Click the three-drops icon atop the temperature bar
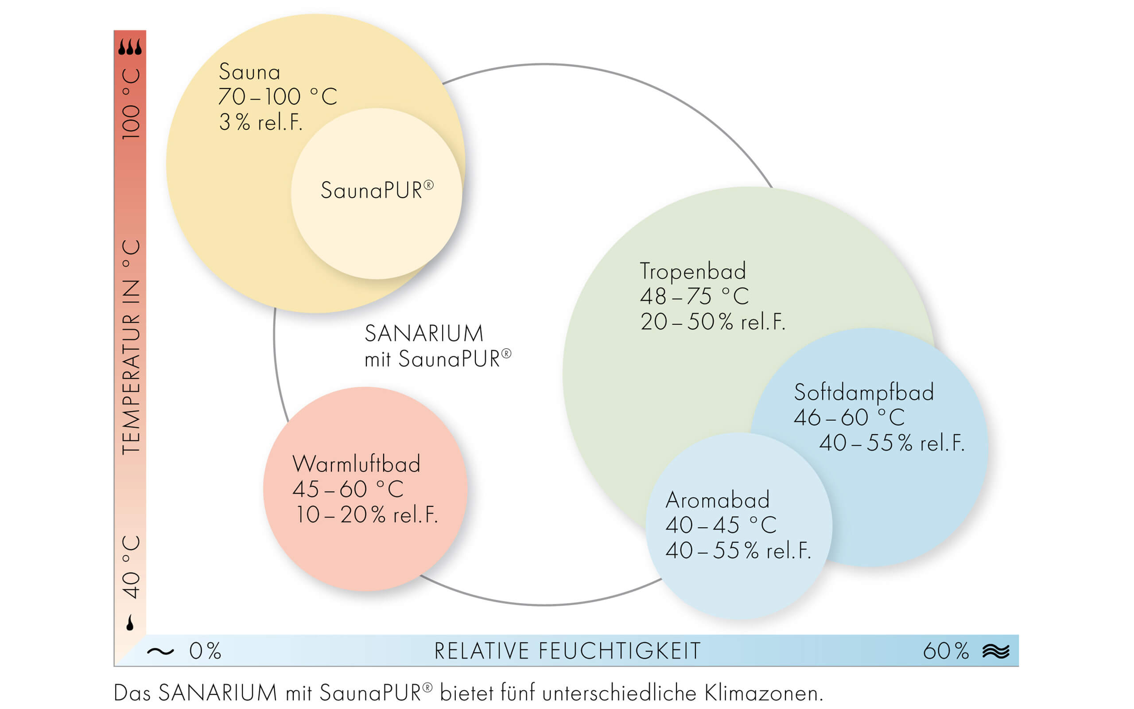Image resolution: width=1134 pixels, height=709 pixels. pos(130,47)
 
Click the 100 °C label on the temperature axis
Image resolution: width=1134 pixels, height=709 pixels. pos(131,104)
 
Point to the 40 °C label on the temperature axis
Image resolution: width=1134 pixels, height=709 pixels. pos(131,567)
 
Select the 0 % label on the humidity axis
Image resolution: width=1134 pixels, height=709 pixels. pos(205,651)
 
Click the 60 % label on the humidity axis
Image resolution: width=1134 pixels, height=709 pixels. pos(946,651)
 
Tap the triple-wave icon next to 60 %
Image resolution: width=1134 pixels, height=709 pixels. pos(996,651)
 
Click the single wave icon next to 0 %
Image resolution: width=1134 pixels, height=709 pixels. pos(160,651)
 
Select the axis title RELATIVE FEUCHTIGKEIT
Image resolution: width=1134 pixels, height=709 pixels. pos(567,651)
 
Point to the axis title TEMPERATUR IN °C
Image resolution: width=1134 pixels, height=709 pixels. pos(131,347)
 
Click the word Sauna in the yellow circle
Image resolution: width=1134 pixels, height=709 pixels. pos(249,72)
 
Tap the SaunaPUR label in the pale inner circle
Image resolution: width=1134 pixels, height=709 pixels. pos(377,190)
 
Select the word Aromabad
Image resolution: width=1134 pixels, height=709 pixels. pos(718,500)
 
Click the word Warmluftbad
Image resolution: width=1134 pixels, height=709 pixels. pos(356,464)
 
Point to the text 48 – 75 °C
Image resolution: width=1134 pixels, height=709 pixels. pos(695,296)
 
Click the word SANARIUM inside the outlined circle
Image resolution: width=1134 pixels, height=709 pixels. pos(423,333)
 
